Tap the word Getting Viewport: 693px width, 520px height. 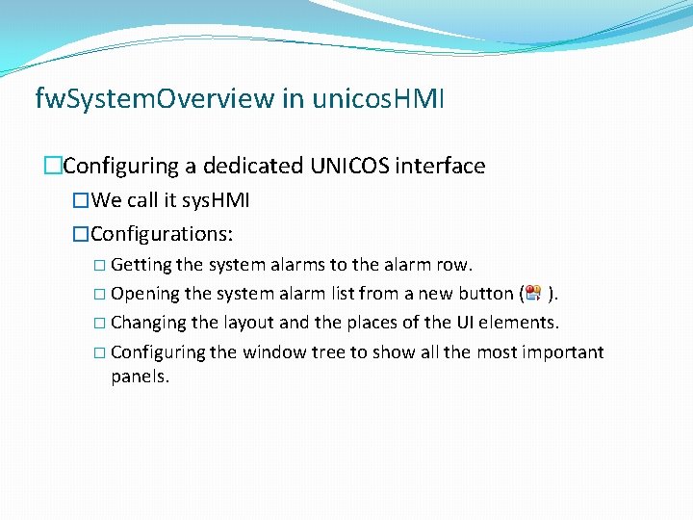click(141, 265)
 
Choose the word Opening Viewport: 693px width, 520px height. click(145, 294)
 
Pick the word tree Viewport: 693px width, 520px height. click(328, 352)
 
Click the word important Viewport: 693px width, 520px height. click(563, 352)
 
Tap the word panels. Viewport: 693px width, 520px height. click(140, 377)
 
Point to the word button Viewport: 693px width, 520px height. click(483, 294)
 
